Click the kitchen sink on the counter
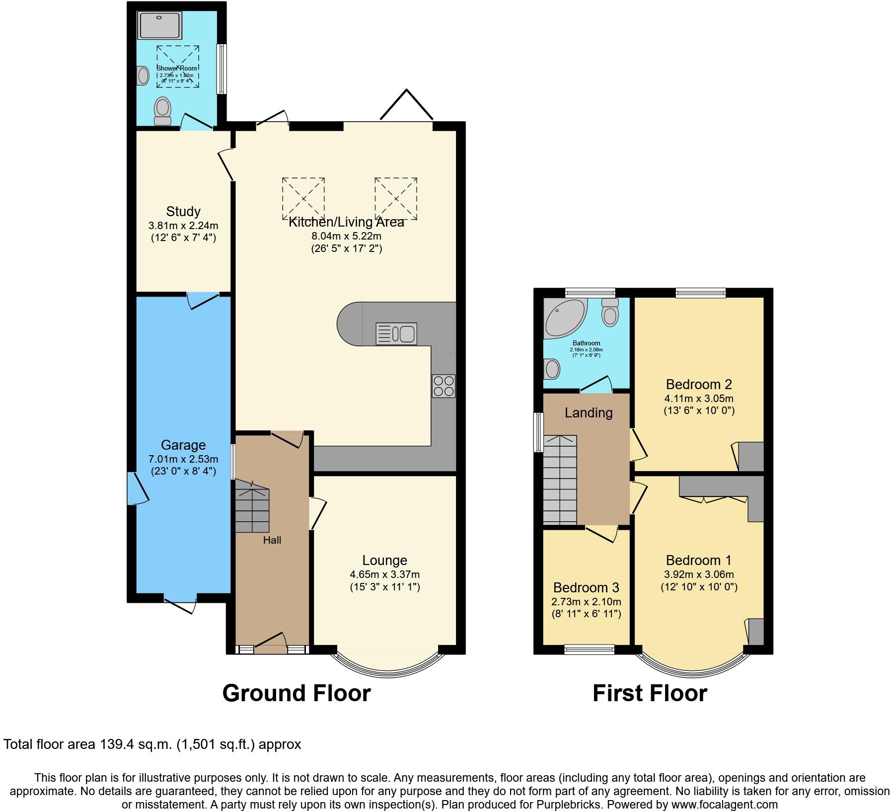click(x=396, y=334)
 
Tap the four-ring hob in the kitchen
click(x=444, y=386)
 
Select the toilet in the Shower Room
click(x=162, y=110)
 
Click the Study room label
click(x=183, y=211)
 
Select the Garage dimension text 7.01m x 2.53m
click(x=183, y=459)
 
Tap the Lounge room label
click(x=384, y=560)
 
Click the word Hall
click(x=272, y=540)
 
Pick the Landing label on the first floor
click(x=589, y=412)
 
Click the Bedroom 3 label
click(x=586, y=588)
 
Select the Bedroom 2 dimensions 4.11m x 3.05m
click(x=698, y=398)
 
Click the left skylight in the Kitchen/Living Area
click(x=303, y=198)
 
